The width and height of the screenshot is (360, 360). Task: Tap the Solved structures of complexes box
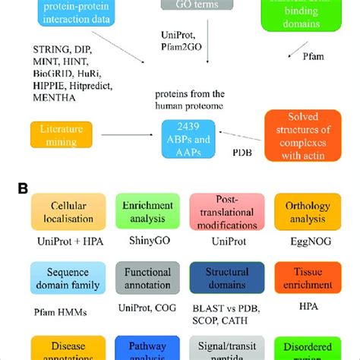(302, 135)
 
